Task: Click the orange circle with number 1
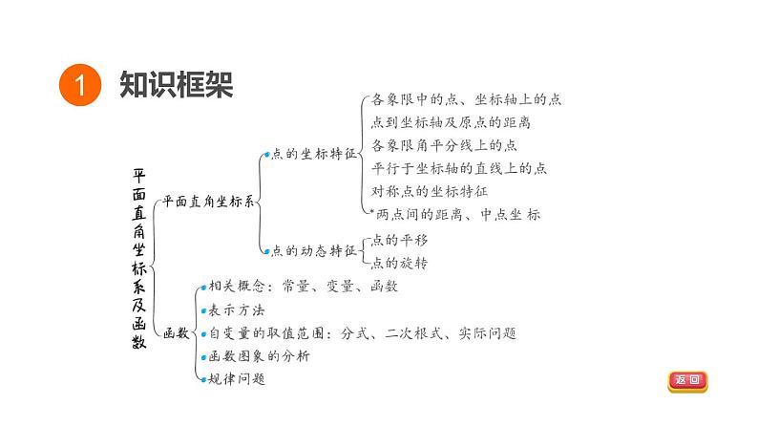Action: (79, 85)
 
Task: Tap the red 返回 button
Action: (687, 380)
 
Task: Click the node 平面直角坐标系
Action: (207, 202)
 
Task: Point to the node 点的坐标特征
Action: (313, 153)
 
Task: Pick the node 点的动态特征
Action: (313, 251)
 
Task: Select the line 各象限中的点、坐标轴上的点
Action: (466, 99)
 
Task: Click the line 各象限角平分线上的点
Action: (444, 145)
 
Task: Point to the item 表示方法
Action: (236, 310)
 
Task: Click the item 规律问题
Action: (236, 379)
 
